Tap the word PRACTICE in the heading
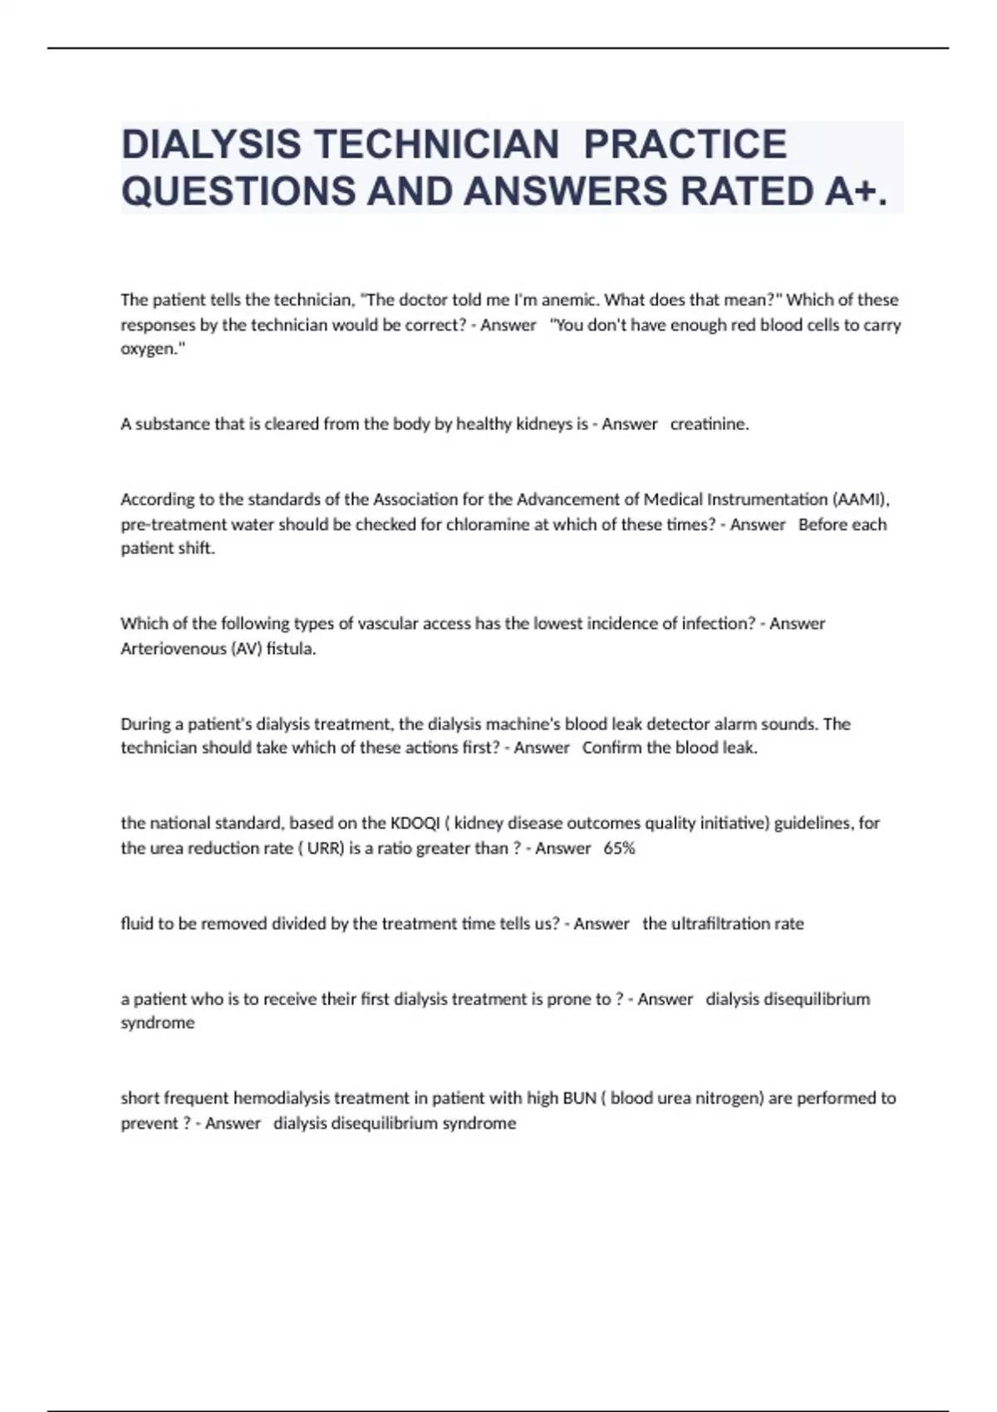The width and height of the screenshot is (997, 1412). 685,145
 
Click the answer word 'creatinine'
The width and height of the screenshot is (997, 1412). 709,424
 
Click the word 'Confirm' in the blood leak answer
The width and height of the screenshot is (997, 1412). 611,748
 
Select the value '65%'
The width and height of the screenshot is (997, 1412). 619,848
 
